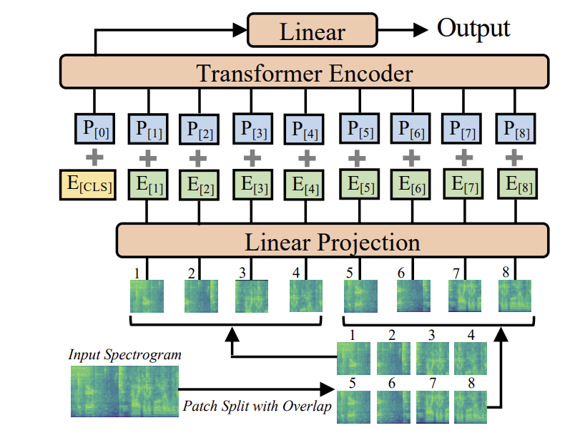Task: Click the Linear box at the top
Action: point(312,31)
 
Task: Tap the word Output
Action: point(473,29)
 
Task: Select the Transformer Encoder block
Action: point(305,73)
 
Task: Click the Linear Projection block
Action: point(332,240)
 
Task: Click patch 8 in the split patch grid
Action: point(471,407)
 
